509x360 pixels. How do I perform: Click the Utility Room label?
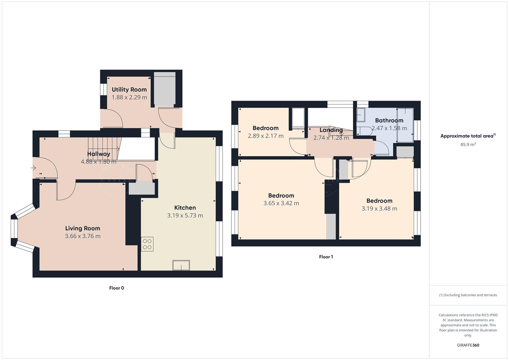[129, 89]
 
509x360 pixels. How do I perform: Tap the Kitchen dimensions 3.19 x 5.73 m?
[185, 215]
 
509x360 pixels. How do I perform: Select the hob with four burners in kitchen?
[147, 244]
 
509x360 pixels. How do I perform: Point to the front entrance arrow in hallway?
[33, 168]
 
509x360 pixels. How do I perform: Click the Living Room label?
[82, 228]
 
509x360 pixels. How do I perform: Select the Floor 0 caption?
[116, 288]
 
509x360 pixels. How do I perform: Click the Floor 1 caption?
[326, 257]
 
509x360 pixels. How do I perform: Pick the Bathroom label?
[389, 120]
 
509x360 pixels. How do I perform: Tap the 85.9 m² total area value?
[468, 145]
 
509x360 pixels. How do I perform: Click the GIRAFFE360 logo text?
[468, 345]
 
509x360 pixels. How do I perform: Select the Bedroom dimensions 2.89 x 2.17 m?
[265, 136]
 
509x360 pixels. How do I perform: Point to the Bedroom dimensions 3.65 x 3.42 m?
[281, 203]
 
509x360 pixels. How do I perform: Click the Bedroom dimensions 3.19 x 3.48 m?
[379, 209]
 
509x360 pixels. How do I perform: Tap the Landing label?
[331, 130]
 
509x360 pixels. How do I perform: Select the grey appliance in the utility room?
[164, 89]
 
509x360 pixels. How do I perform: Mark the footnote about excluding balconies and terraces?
[468, 295]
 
